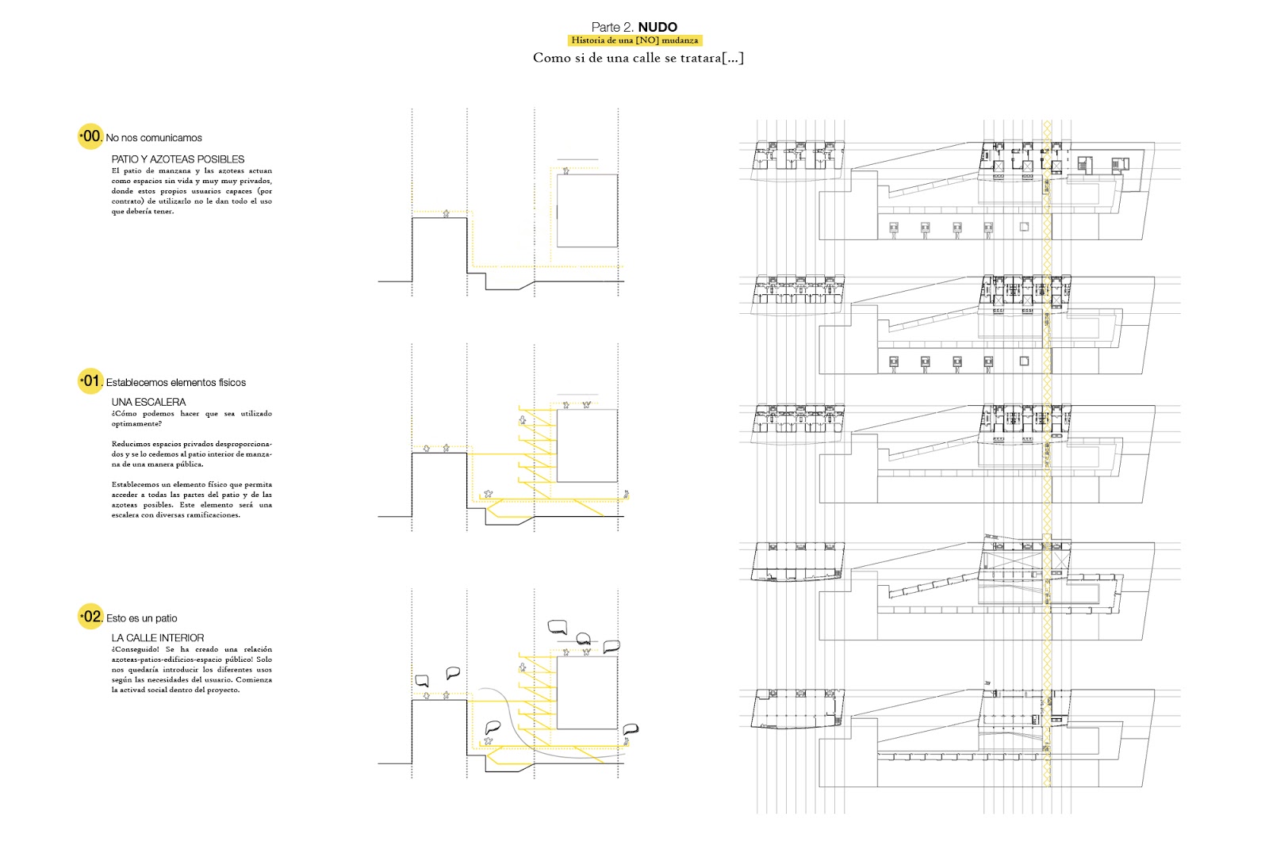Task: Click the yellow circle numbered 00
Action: pyautogui.click(x=90, y=136)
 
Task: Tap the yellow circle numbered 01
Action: pyautogui.click(x=90, y=381)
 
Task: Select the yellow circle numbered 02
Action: pyautogui.click(x=90, y=617)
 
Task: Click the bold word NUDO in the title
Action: pyautogui.click(x=658, y=27)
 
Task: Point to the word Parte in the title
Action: pyautogui.click(x=607, y=27)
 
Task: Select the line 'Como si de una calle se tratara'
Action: pyautogui.click(x=638, y=58)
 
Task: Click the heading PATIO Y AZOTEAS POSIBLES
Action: pyautogui.click(x=178, y=159)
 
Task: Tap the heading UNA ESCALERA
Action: pyautogui.click(x=148, y=402)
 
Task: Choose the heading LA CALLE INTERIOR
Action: pyautogui.click(x=157, y=638)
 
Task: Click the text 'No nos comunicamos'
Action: pyautogui.click(x=154, y=138)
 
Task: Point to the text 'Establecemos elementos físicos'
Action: pyautogui.click(x=176, y=383)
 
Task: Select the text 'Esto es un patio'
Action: pyautogui.click(x=142, y=618)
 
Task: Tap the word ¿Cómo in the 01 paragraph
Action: pyautogui.click(x=124, y=414)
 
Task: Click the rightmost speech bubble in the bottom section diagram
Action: pyautogui.click(x=631, y=729)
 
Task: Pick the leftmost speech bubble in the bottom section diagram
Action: pyautogui.click(x=422, y=681)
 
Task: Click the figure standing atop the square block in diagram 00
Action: pyautogui.click(x=566, y=170)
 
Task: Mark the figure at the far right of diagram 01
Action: pyautogui.click(x=626, y=495)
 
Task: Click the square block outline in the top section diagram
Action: pyautogui.click(x=587, y=211)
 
